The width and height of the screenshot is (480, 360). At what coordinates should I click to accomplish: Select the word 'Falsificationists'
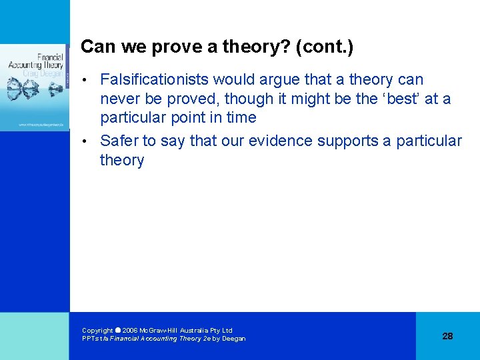[x=154, y=80]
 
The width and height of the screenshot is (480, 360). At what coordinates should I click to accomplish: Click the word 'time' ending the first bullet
[x=241, y=117]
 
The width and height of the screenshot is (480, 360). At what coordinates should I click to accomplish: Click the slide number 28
[x=447, y=336]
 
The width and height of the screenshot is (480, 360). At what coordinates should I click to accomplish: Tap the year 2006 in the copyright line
[x=129, y=330]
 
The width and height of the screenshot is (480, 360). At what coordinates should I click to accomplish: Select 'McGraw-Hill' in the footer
[x=157, y=330]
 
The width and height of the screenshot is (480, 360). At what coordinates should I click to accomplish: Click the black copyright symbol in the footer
[x=117, y=330]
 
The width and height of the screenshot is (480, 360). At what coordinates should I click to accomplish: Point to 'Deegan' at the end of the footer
[x=234, y=339]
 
